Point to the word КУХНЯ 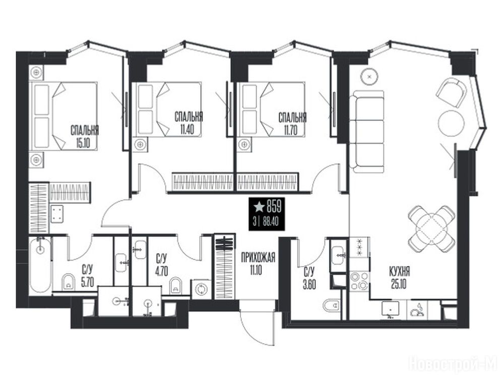click(399, 272)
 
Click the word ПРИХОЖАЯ click(258, 257)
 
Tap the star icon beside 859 click(259, 207)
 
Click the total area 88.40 click(271, 223)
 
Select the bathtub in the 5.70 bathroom click(40, 266)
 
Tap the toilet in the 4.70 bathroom click(175, 285)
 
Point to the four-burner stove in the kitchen click(359, 281)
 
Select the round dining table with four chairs click(432, 229)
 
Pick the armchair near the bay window click(451, 91)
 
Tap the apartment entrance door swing click(257, 325)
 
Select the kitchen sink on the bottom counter click(390, 310)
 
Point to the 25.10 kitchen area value click(399, 284)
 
